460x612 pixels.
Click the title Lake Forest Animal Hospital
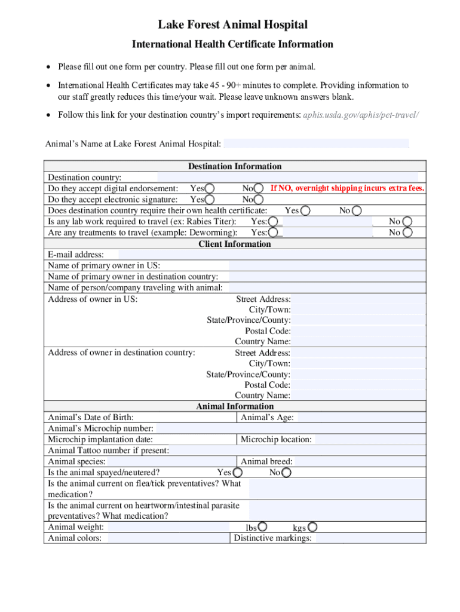232,25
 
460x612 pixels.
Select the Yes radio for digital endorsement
210,189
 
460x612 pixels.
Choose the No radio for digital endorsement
259,189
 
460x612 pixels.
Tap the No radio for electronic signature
259,200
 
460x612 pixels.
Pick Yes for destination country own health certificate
305,210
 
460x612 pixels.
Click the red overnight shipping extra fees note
347,188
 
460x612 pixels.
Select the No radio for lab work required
407,222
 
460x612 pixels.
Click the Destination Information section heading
234,166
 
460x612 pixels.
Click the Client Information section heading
234,244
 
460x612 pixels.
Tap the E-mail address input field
272,255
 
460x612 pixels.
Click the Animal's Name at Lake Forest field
316,143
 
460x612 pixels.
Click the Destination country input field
291,178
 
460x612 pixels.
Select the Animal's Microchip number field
291,429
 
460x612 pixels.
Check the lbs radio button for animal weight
262,527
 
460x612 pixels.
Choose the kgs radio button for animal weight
312,527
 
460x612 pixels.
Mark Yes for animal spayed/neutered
237,473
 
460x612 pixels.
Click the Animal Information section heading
234,406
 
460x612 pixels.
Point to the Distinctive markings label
272,538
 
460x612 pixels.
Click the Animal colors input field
167,538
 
